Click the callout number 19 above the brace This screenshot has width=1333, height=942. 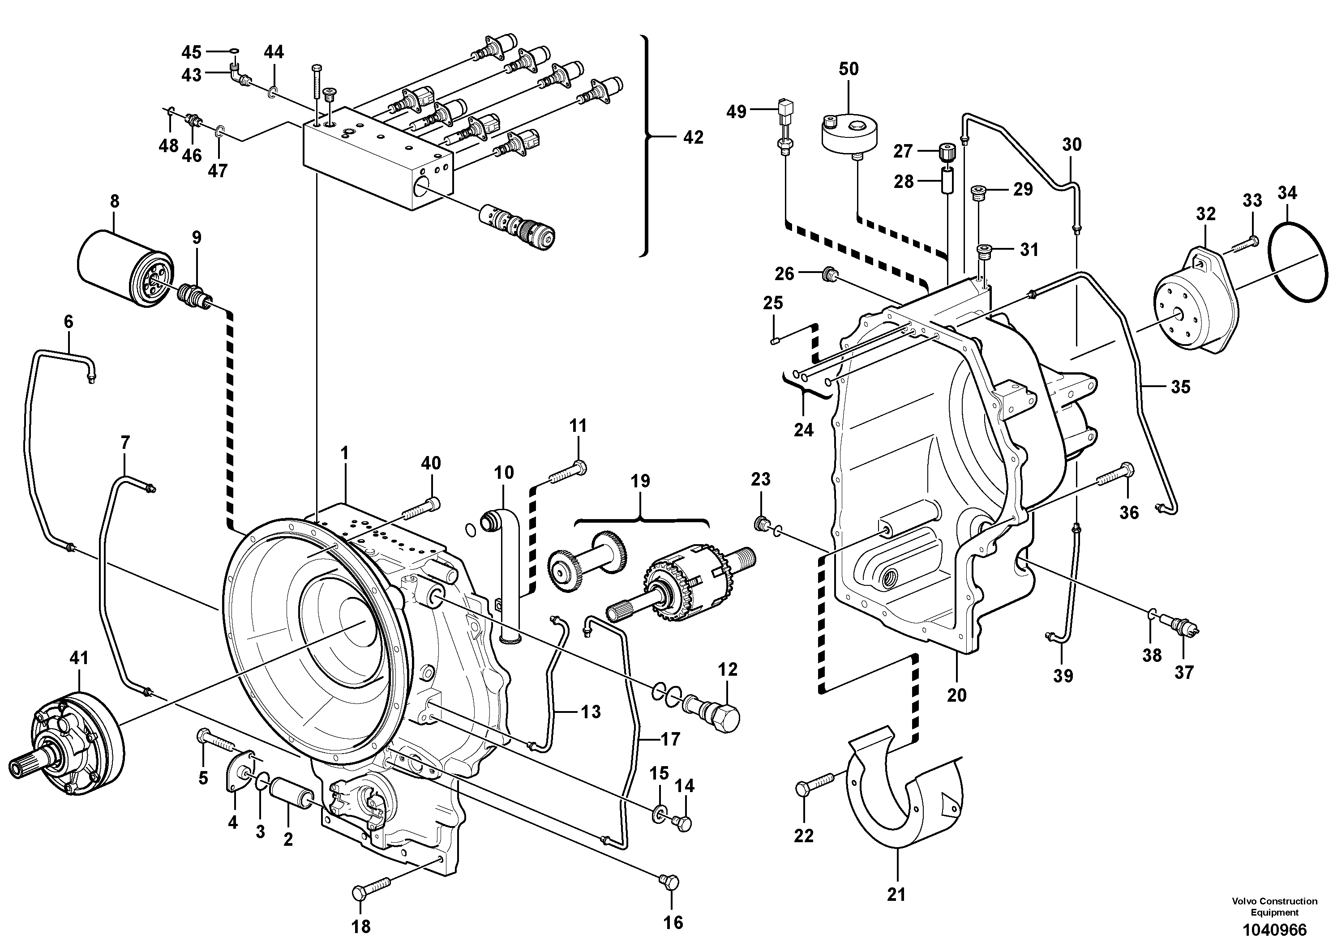640,481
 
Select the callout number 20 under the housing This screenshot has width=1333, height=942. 956,695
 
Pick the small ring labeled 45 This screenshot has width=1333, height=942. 233,51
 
